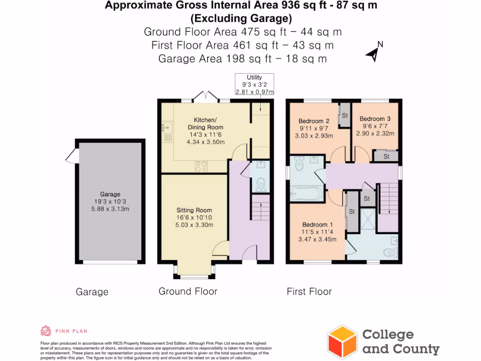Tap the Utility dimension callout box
tap(254, 85)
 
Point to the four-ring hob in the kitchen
tap(202, 166)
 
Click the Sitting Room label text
tap(194, 210)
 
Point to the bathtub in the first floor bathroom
tap(306, 193)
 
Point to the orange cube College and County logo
tap(342, 341)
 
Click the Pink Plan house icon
tap(46, 331)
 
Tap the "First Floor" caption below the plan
tap(309, 292)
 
